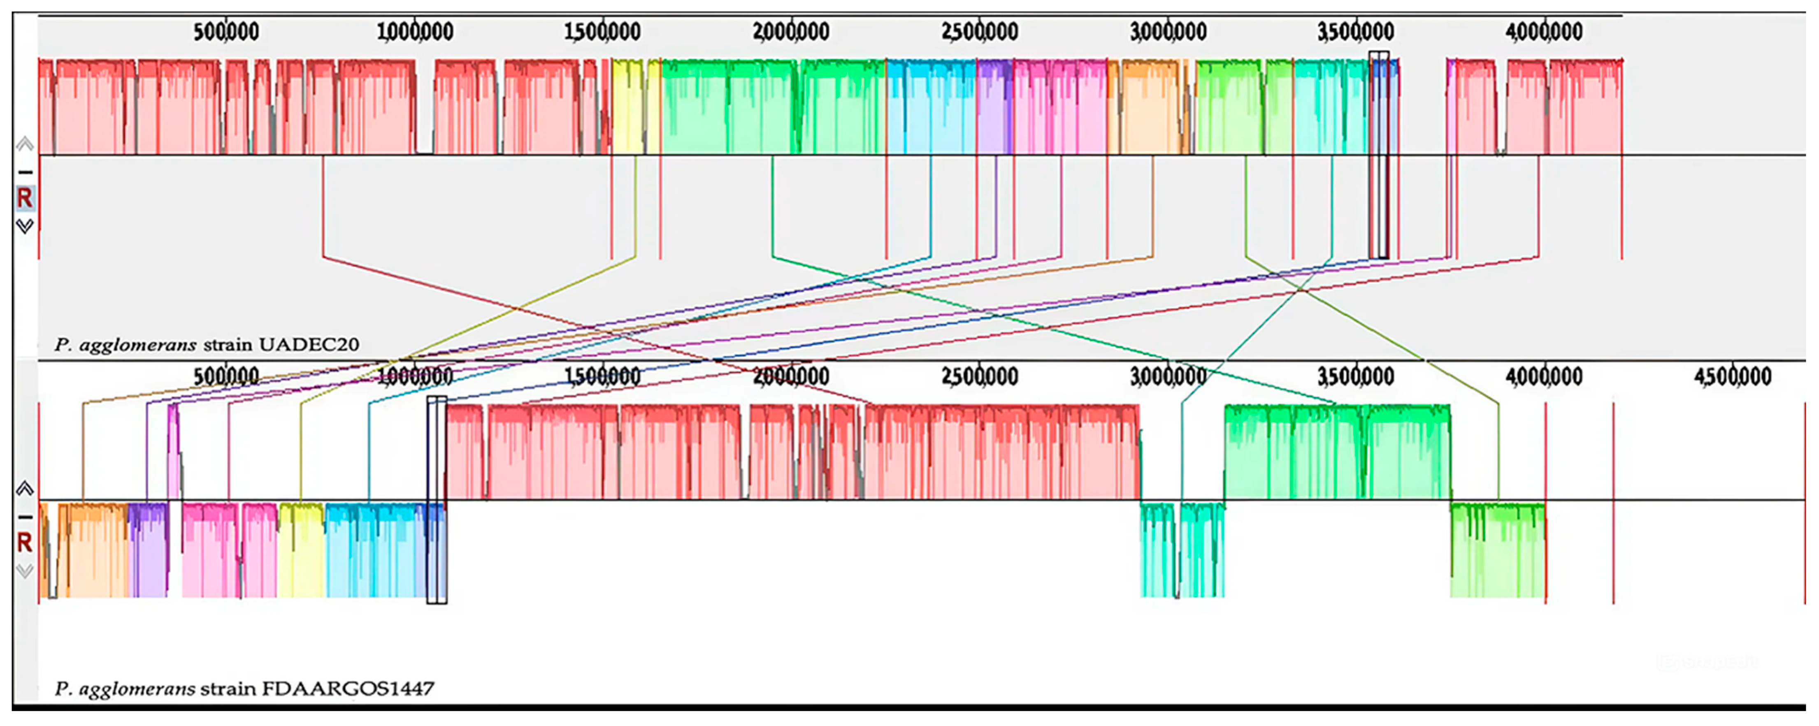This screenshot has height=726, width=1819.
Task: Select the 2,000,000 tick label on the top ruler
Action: tap(791, 31)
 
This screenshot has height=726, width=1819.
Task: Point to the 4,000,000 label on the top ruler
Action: tap(1544, 31)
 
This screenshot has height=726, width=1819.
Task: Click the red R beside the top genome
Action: tap(25, 198)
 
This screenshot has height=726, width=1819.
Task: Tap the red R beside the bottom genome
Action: tap(25, 543)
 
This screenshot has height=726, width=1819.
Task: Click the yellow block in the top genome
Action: tap(627, 106)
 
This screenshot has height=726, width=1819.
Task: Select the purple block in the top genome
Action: tap(994, 106)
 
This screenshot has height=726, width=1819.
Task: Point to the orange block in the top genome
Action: tap(1150, 106)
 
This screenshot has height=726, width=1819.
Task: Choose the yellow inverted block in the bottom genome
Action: tap(301, 551)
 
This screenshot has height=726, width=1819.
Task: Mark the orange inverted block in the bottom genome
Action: tap(92, 551)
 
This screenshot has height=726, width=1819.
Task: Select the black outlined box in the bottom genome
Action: tap(437, 500)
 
